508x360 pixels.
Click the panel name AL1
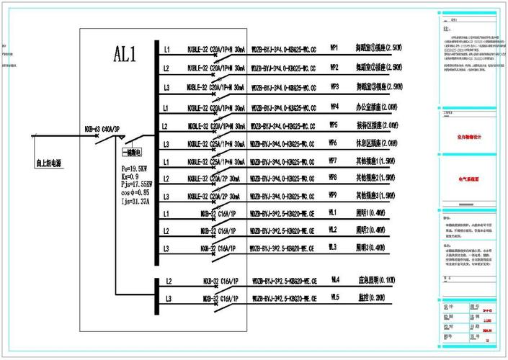tap(125, 55)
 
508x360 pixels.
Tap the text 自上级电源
tap(48, 163)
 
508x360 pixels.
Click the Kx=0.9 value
tap(129, 176)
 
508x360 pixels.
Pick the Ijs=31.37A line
tap(135, 202)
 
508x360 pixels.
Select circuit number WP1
tap(334, 48)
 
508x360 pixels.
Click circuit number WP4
tap(334, 106)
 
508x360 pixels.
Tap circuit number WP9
tap(334, 195)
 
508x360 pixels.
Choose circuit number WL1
tap(334, 213)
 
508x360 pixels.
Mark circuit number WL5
tap(335, 297)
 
